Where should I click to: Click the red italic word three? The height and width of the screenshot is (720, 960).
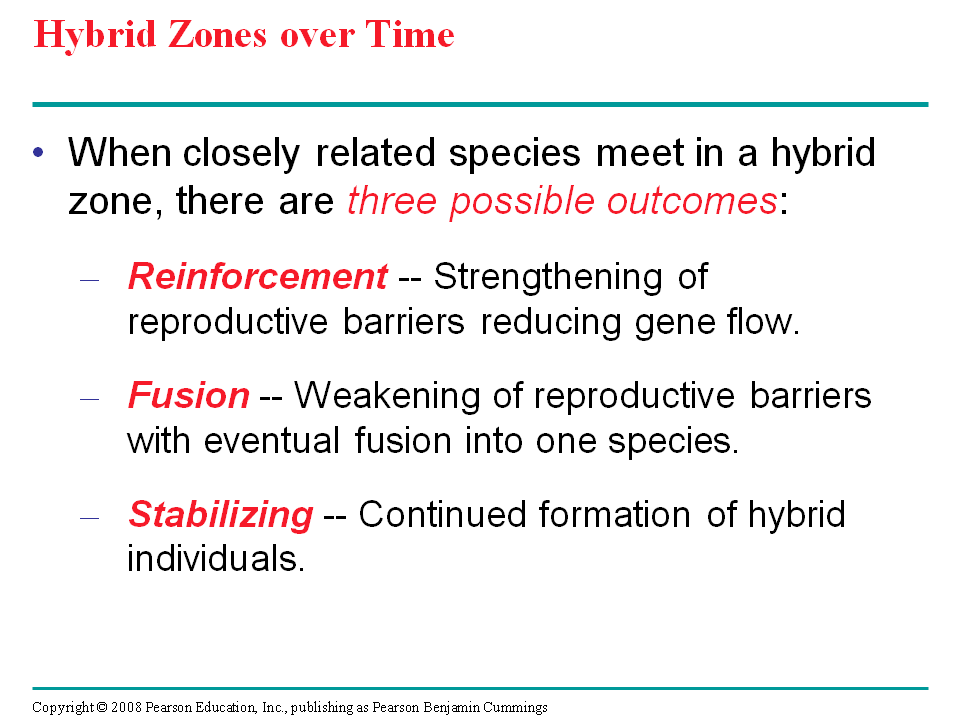coord(393,201)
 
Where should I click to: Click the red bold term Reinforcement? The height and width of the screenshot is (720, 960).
coord(257,277)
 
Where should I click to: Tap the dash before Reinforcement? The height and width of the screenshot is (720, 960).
coord(90,281)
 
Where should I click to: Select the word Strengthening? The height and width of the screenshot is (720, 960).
coord(547,278)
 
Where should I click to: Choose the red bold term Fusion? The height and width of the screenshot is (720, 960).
coord(188,396)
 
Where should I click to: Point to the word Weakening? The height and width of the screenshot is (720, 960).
coord(409,396)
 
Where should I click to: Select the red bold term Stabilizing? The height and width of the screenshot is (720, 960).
coord(220,515)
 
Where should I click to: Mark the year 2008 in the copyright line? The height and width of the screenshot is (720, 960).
coord(126,707)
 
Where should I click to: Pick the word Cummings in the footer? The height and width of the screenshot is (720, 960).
coord(518,707)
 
